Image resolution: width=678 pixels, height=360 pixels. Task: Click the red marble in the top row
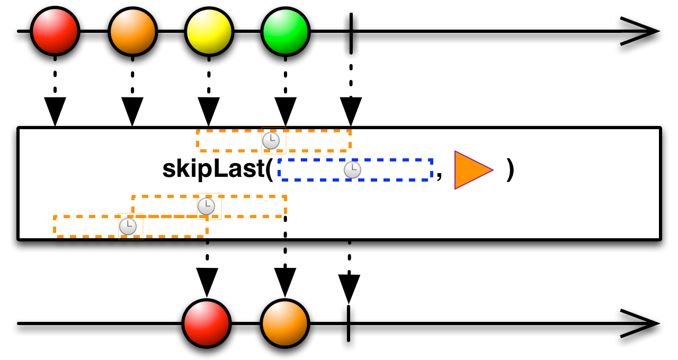pos(55,31)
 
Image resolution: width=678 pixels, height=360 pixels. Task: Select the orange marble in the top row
pos(133,32)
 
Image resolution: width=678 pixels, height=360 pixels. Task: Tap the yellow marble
pos(209,32)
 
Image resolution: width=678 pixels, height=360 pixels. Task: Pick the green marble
pos(286,32)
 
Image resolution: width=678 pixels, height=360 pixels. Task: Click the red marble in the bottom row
pos(207,323)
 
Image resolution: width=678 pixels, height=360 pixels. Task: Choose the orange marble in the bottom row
pos(285,323)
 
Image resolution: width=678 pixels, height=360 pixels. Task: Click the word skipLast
pos(213,169)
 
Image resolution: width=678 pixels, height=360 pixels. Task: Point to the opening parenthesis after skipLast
pos(269,169)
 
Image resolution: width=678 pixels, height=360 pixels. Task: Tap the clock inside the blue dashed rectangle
pos(352,170)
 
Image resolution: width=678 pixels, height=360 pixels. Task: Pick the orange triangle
pos(471,170)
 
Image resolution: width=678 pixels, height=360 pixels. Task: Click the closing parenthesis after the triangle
pos(510,169)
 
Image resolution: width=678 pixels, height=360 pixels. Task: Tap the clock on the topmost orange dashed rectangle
pos(271,141)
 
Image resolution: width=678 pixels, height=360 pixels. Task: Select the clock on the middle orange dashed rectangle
pos(206,206)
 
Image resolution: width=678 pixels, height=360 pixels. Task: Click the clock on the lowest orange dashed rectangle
pos(128,227)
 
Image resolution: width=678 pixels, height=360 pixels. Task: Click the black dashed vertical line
pos(285,226)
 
